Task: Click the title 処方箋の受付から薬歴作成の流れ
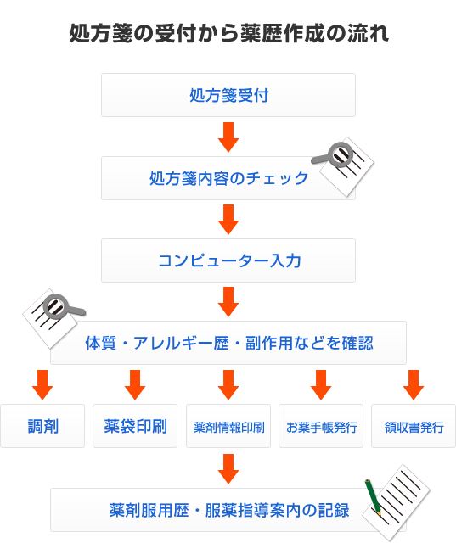click(228, 34)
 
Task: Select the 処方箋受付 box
click(228, 95)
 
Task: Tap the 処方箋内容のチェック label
click(228, 178)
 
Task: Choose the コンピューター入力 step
click(228, 260)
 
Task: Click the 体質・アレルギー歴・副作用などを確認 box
click(228, 343)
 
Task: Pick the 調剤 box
click(42, 426)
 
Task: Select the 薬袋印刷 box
click(135, 426)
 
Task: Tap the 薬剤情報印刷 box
click(228, 426)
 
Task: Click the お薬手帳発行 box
click(321, 426)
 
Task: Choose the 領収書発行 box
click(414, 426)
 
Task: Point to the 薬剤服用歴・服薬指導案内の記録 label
click(229, 510)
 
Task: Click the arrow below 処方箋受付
click(228, 137)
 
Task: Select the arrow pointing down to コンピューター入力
click(228, 219)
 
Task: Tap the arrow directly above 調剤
click(42, 384)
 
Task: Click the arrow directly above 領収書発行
click(414, 384)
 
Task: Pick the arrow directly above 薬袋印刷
click(135, 384)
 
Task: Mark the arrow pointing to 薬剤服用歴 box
click(228, 469)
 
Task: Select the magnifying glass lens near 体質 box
click(55, 306)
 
